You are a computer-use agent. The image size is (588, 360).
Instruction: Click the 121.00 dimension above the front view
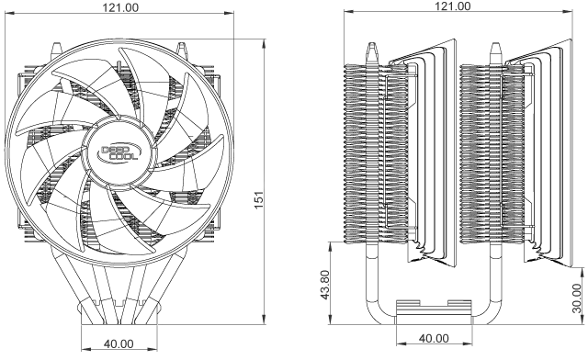(x=120, y=7)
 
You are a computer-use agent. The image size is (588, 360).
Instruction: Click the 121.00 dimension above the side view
(x=452, y=6)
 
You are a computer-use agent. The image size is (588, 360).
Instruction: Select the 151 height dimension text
(x=259, y=200)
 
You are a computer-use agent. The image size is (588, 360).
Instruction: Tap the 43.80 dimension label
(x=324, y=285)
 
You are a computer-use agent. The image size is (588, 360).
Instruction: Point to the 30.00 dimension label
(x=578, y=298)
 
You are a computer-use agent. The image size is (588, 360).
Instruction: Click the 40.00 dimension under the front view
(x=119, y=343)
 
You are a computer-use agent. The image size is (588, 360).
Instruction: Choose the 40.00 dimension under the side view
(x=434, y=338)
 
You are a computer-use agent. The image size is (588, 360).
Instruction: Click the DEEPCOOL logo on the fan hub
(x=119, y=152)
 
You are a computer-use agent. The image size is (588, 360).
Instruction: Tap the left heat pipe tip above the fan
(x=57, y=49)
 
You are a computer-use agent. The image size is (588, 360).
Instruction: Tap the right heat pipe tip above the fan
(x=182, y=49)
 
